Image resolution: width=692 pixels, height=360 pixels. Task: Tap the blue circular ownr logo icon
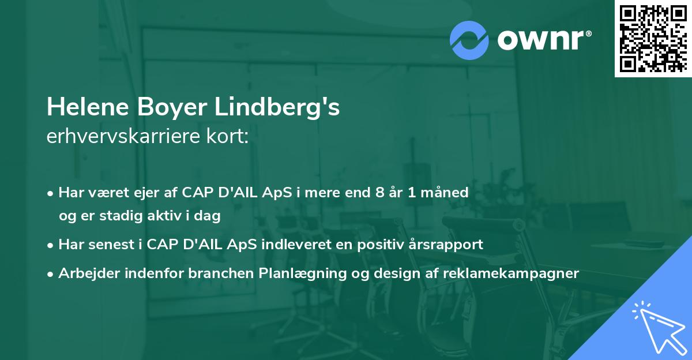click(469, 40)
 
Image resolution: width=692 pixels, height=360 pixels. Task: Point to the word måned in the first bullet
click(447, 193)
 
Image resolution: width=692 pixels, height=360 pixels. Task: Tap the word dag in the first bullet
click(209, 216)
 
